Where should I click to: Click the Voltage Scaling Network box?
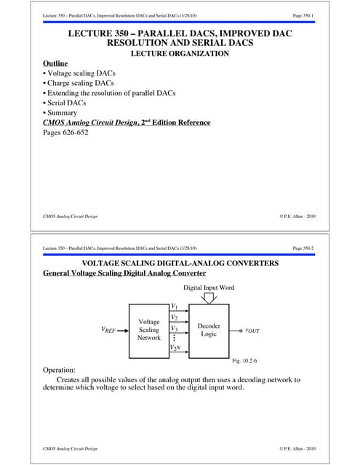148,331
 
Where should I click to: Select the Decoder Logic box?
209,331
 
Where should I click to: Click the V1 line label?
174,307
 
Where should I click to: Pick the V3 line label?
174,328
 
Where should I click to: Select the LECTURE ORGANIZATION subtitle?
180,53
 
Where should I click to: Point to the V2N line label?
175,349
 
